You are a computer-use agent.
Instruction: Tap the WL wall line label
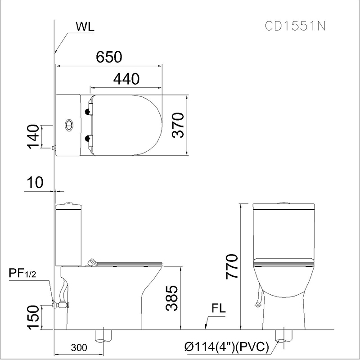click(x=85, y=27)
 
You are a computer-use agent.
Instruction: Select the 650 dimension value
click(x=109, y=57)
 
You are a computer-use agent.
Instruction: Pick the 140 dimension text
click(x=32, y=136)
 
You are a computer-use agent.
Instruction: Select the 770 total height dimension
click(x=232, y=267)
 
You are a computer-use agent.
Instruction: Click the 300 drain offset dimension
click(x=79, y=347)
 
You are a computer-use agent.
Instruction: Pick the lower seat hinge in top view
click(x=88, y=138)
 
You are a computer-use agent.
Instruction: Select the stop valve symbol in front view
click(x=258, y=305)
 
